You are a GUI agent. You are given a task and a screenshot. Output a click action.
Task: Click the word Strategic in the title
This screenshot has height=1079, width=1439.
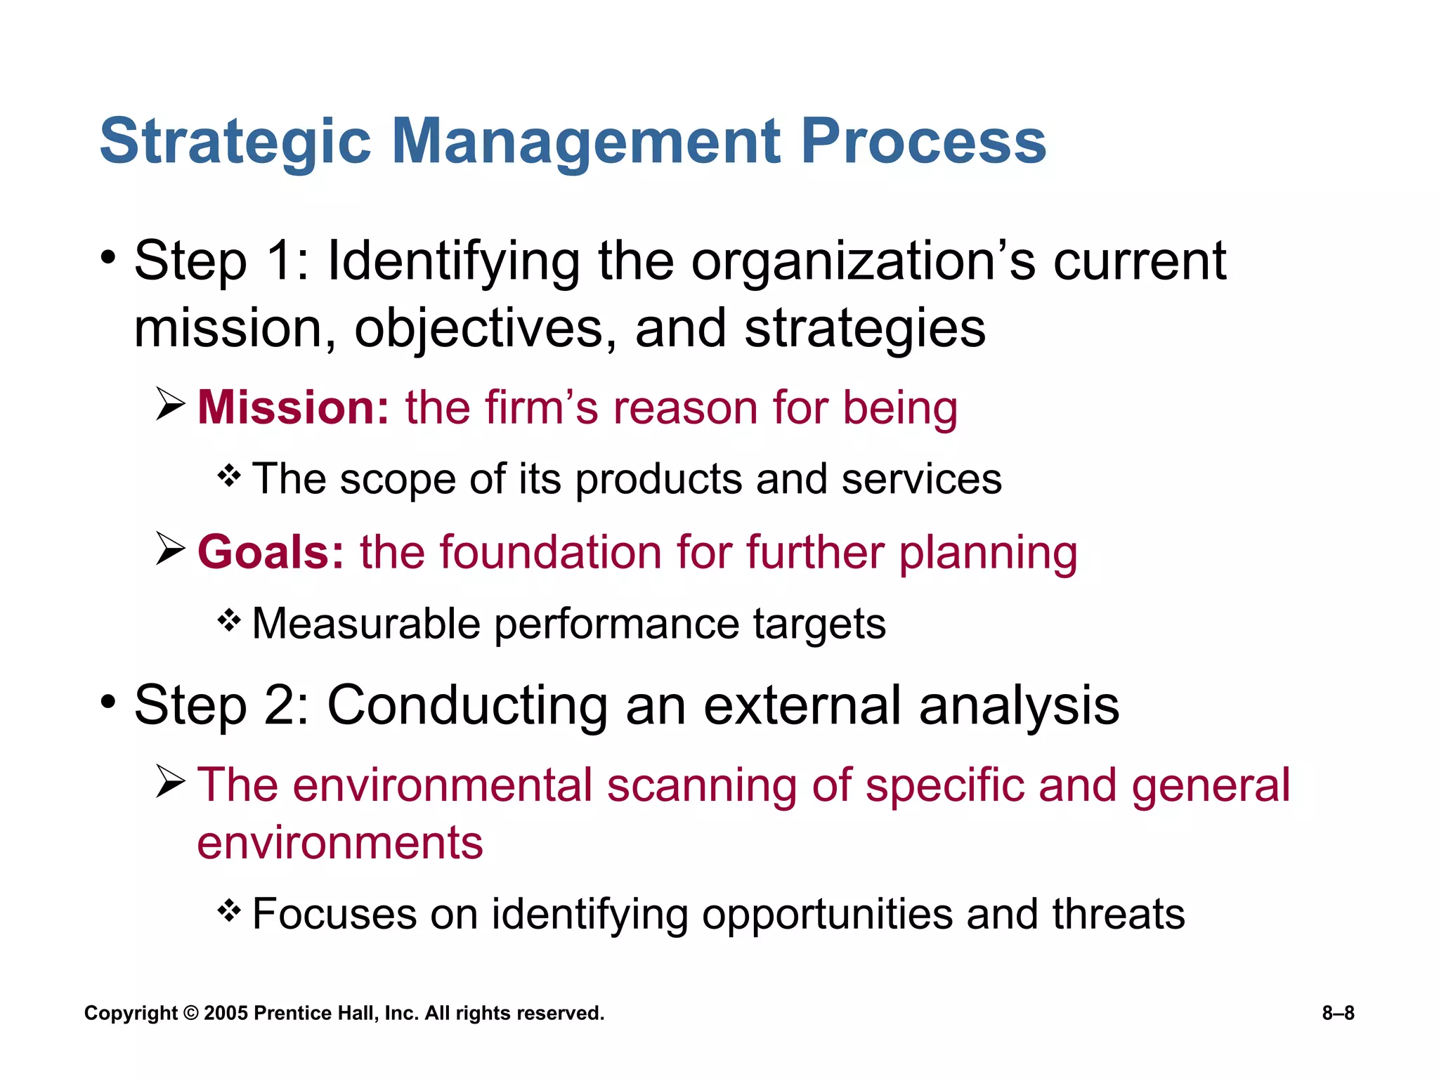click(x=235, y=142)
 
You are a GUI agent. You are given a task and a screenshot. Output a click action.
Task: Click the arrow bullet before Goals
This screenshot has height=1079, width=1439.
click(x=170, y=549)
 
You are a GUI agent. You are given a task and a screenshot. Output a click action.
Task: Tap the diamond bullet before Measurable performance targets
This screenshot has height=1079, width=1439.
click(x=229, y=620)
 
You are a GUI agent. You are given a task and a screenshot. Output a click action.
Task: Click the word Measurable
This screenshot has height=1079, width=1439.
click(x=365, y=624)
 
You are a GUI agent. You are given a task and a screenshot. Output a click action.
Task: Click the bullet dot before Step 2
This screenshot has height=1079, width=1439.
click(x=108, y=702)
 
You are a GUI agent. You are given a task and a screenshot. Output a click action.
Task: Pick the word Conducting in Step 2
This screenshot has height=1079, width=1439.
click(x=467, y=705)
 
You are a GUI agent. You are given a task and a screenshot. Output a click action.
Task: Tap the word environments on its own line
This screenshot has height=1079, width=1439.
click(x=340, y=843)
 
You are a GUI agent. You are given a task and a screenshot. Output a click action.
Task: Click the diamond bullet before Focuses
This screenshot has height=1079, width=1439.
click(x=229, y=911)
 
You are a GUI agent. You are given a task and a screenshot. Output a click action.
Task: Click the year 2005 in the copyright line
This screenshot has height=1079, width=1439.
click(x=226, y=1013)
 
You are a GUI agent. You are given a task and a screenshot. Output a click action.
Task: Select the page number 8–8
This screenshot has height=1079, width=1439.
click(x=1338, y=1013)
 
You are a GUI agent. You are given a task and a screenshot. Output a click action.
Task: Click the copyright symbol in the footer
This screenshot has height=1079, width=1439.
click(x=191, y=1013)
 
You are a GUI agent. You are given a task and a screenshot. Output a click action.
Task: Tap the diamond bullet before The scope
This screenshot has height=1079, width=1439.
click(x=229, y=476)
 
